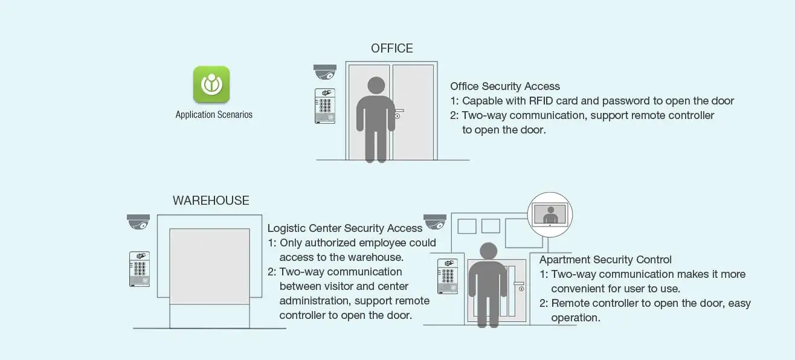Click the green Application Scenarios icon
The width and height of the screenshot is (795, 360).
pos(211,84)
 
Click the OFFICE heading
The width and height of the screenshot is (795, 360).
pos(392,48)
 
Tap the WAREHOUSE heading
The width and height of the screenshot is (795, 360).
pos(211,201)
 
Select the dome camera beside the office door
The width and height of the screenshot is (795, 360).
pos(324,72)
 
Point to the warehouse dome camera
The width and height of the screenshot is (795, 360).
pos(138,222)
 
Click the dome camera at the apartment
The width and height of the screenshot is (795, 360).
pos(435,222)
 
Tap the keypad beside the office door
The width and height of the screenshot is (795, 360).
pos(325,106)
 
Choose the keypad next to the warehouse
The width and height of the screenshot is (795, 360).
pos(140,269)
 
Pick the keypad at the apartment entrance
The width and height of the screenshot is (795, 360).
pos(448,276)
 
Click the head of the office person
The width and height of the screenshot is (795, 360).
pos(376,86)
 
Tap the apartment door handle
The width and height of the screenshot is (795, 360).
pos(518,284)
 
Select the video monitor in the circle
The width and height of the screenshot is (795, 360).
pos(550,214)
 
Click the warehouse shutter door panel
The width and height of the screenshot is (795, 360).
pos(210,266)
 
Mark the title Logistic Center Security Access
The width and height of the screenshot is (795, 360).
pos(345,228)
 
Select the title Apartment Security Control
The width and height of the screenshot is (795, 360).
pos(605,260)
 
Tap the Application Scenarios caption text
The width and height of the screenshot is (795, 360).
pos(214,115)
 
